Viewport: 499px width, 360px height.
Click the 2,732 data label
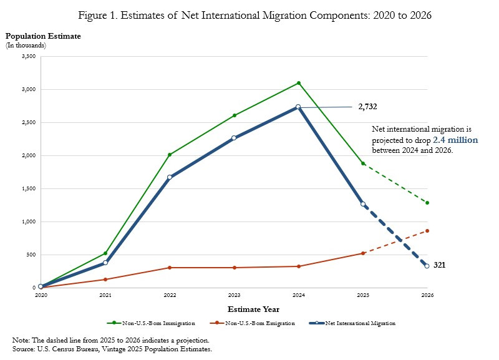tap(367, 107)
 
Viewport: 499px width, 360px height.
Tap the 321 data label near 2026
tap(439, 265)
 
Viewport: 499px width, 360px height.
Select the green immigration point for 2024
tap(299, 83)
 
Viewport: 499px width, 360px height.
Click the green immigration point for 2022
tap(170, 155)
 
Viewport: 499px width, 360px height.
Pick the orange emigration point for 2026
tap(427, 231)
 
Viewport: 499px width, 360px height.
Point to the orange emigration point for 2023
tap(234, 268)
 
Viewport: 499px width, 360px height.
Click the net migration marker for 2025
tap(363, 204)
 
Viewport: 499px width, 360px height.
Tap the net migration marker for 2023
tap(234, 138)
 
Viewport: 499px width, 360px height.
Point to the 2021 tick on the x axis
tap(105, 294)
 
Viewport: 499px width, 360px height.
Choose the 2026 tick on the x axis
tap(427, 294)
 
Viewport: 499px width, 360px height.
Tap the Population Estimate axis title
tap(43, 36)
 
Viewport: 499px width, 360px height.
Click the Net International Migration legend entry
tap(362, 323)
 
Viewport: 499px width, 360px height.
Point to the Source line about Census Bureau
tap(112, 349)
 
